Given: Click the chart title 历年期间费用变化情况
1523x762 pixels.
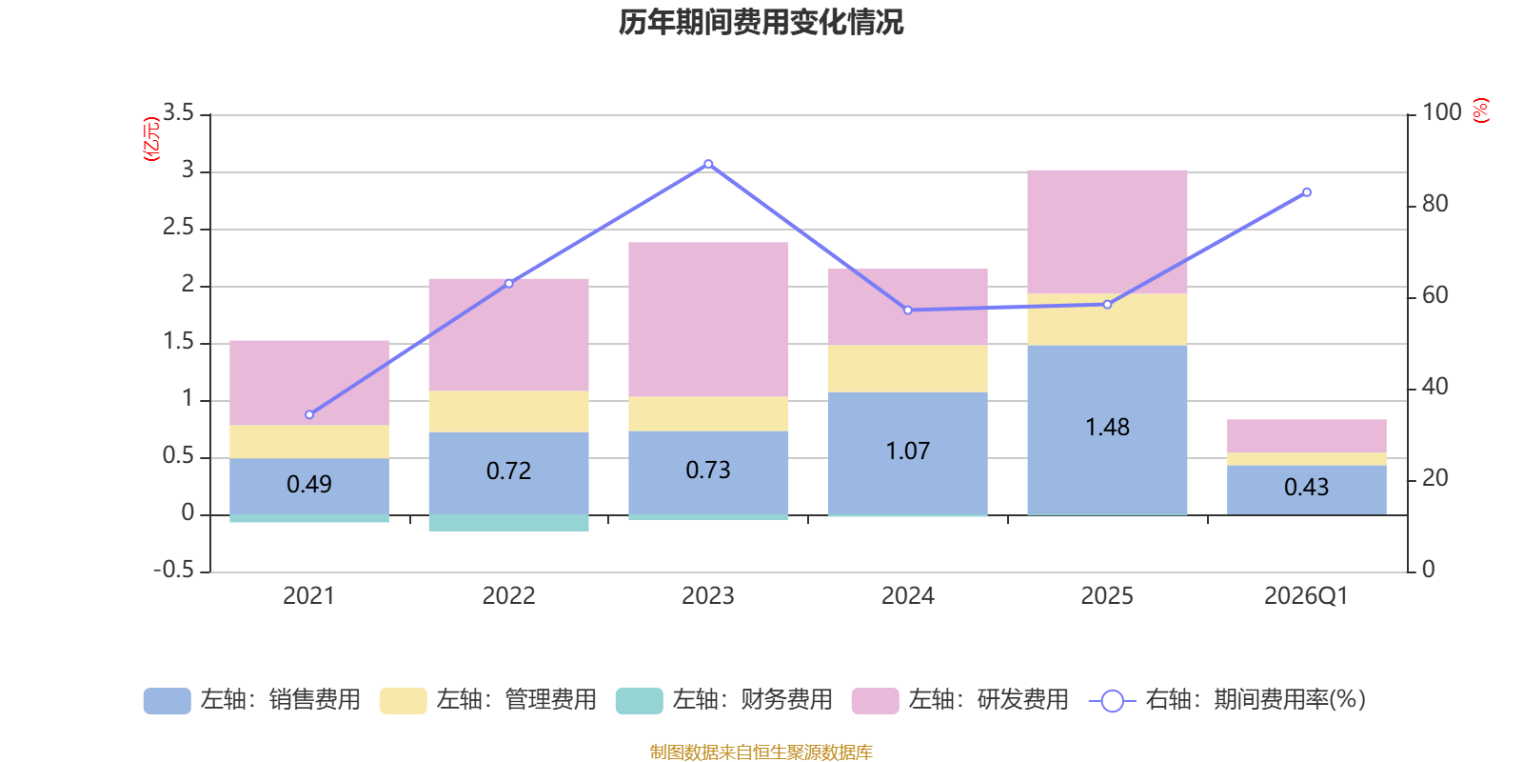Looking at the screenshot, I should [761, 22].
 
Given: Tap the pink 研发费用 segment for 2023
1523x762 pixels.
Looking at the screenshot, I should [708, 319].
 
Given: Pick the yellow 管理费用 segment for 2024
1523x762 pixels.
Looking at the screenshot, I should [907, 369].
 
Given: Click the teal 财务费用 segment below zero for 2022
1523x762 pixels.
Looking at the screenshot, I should [508, 523].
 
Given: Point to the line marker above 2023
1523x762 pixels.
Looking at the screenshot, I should [708, 165].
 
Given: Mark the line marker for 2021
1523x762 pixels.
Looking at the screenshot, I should [309, 414].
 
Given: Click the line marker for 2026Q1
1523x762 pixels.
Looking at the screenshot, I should [1306, 192].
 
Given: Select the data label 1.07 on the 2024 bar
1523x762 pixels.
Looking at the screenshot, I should [907, 451].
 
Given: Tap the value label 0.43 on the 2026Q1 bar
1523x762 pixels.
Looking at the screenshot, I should [1306, 487].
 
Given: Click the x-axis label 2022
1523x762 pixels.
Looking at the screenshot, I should [508, 596].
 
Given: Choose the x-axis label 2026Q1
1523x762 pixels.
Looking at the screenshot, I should [1306, 596].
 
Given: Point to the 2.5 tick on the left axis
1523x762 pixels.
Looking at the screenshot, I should [178, 228].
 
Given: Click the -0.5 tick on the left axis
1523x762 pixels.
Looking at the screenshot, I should [173, 570].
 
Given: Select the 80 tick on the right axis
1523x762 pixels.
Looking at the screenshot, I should [1434, 204].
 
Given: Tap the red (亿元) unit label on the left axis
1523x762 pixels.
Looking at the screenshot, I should [150, 139].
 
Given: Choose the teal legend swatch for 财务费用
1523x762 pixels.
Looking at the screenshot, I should [639, 701].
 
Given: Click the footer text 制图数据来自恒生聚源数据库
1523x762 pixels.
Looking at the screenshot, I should [761, 752].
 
